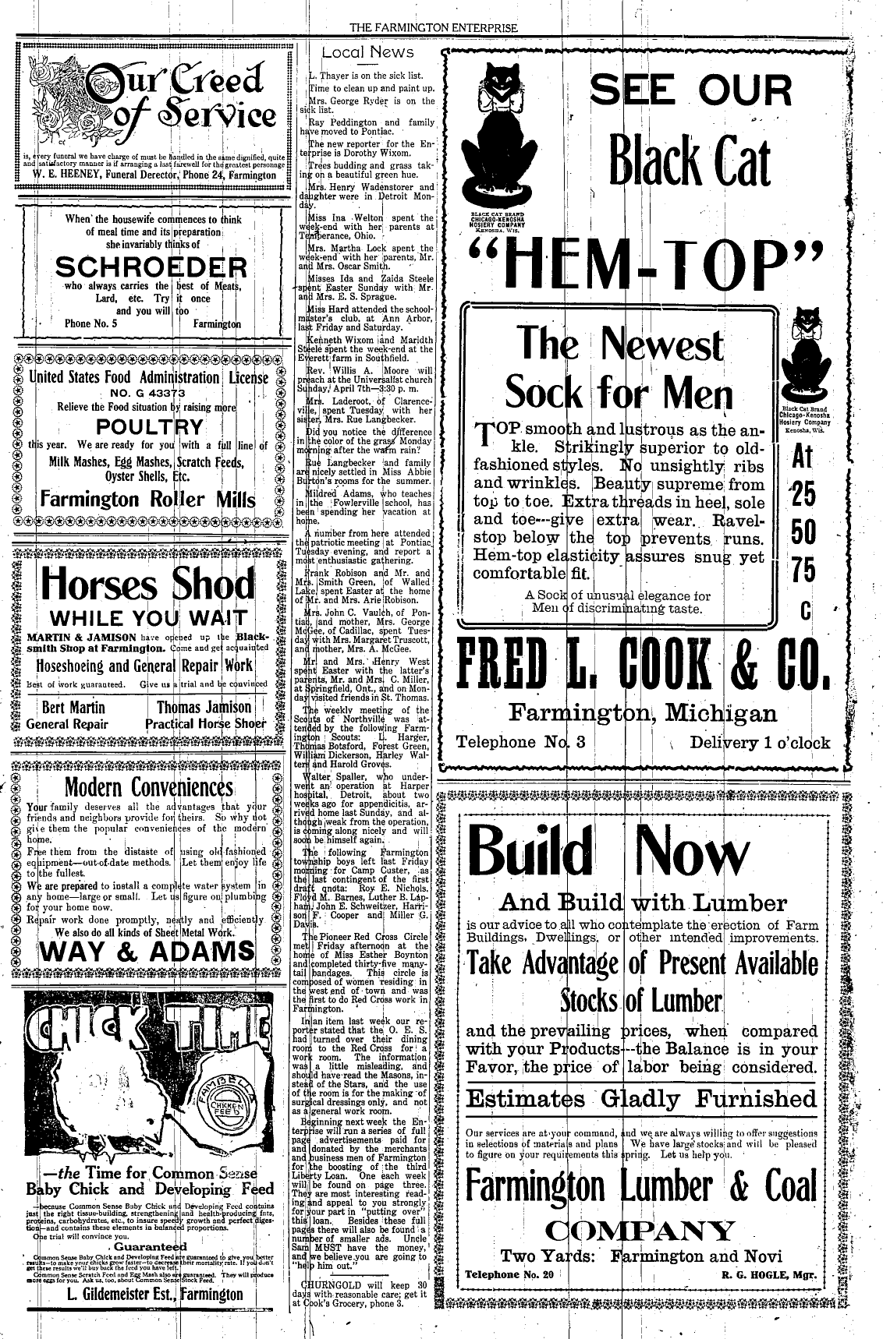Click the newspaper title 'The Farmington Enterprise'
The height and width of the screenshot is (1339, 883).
pyautogui.click(x=434, y=28)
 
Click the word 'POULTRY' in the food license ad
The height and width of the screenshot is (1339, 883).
pyautogui.click(x=150, y=427)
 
